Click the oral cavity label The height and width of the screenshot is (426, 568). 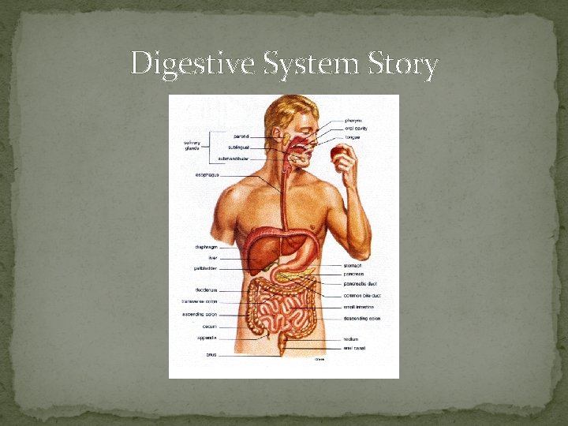click(357, 129)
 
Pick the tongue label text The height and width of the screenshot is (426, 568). click(353, 137)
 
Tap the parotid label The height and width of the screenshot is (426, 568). click(241, 136)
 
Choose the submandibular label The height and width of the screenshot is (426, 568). click(234, 158)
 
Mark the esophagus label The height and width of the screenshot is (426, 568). click(207, 174)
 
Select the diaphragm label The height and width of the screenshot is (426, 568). click(206, 247)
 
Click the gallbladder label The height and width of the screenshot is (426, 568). click(206, 268)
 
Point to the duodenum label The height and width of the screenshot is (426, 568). click(207, 290)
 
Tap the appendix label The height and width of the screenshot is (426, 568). click(207, 338)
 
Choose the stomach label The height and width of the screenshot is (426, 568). click(353, 266)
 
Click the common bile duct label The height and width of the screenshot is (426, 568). click(362, 295)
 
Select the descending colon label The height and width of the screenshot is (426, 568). click(362, 319)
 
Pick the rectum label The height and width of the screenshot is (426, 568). click(351, 339)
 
